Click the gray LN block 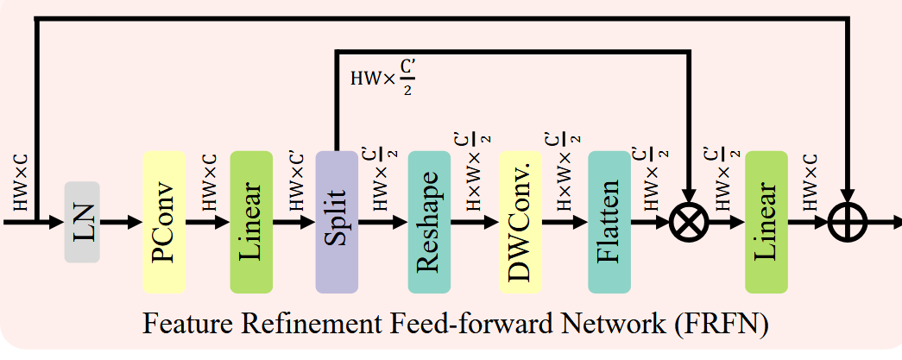pos(82,222)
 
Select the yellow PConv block pos(165,222)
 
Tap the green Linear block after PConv pos(251,222)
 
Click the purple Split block pos(337,222)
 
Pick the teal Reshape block pos(429,222)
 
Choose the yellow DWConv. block pos(520,222)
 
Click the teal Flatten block pos(609,222)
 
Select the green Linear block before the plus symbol pos(766,222)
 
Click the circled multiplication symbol pos(688,222)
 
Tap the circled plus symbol pos(848,222)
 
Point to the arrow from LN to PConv pos(121,222)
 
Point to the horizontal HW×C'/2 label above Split pos(384,78)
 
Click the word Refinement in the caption pos(319,326)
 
